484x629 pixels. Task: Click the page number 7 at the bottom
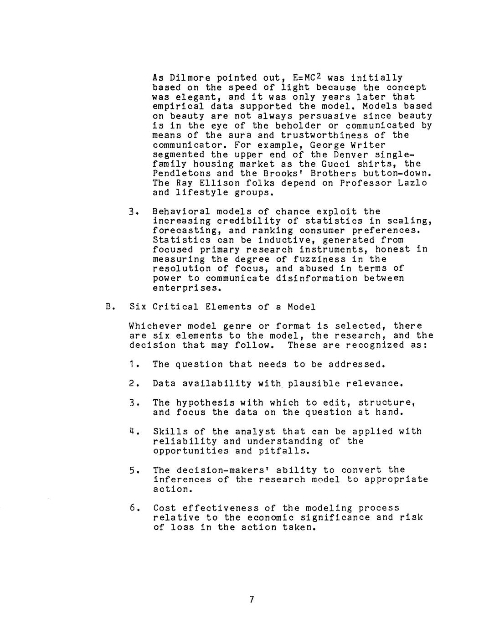point(251,599)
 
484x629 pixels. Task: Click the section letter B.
point(108,307)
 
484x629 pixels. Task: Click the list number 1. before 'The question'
point(133,364)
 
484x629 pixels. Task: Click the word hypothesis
point(205,402)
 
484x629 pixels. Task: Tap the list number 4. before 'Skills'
point(133,431)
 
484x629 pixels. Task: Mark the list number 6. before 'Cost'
point(133,508)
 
